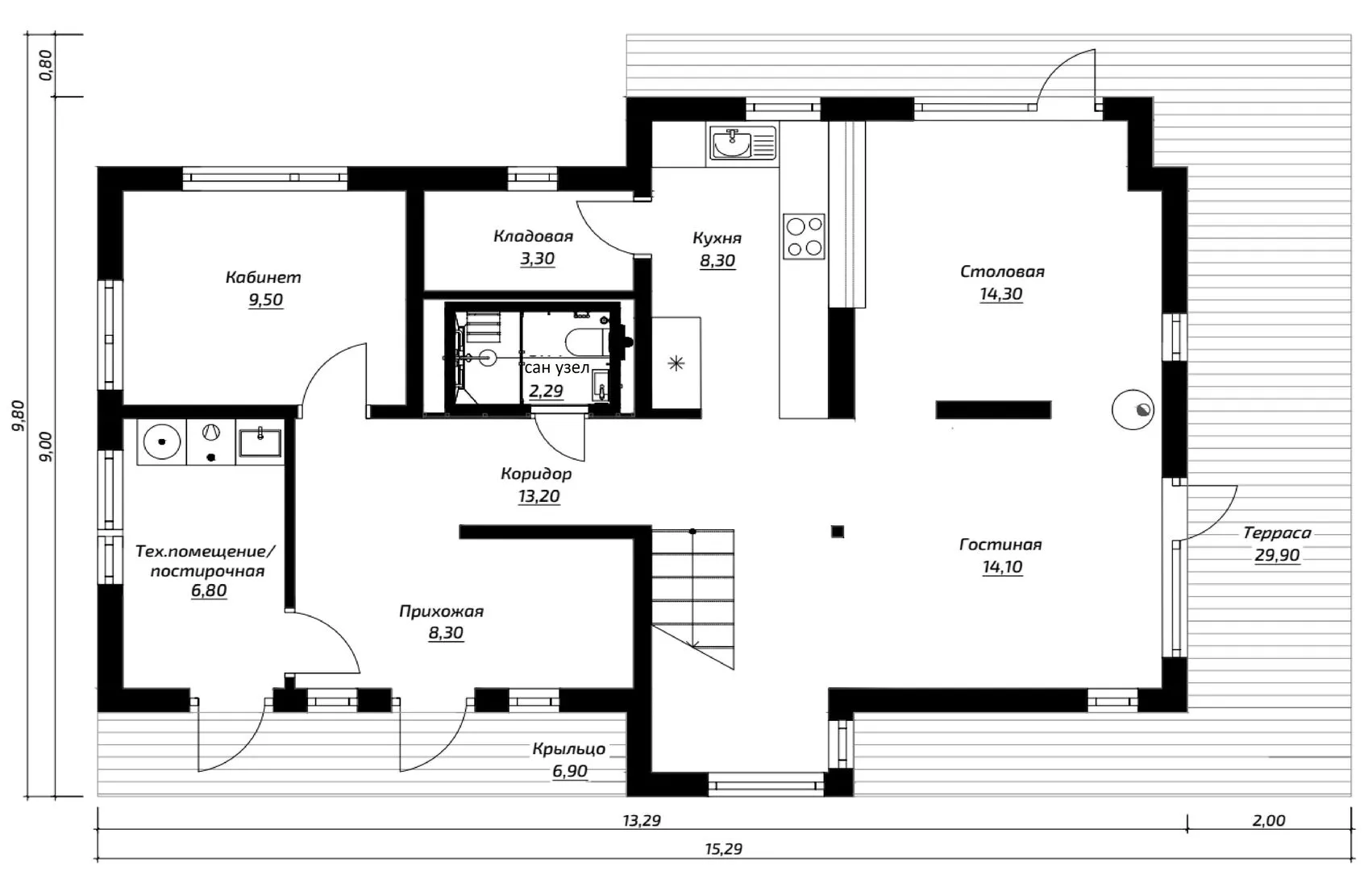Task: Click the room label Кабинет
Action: (x=263, y=277)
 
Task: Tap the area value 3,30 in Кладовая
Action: (x=537, y=259)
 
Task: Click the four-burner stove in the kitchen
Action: (x=804, y=236)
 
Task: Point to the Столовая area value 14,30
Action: (x=1001, y=294)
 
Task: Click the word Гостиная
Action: (x=1000, y=545)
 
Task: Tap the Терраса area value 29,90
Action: (x=1277, y=555)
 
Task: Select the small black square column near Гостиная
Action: (x=838, y=532)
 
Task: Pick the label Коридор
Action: (x=536, y=474)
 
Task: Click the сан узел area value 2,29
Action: (x=547, y=391)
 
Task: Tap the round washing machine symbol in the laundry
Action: (x=161, y=441)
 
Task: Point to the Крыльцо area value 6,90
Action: (x=570, y=771)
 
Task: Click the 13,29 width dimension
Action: (x=641, y=821)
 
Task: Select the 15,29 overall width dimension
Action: (x=723, y=849)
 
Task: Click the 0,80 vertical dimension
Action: (x=46, y=64)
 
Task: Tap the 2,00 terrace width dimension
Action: (x=1269, y=821)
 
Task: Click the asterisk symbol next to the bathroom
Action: (x=676, y=364)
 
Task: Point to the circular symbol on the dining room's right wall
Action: (x=1133, y=409)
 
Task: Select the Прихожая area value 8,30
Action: (x=446, y=632)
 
